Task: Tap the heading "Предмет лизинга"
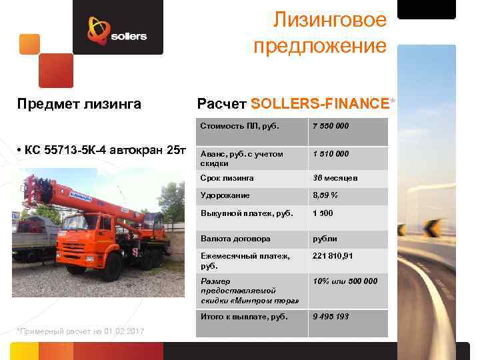[79, 103]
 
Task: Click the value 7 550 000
[331, 126]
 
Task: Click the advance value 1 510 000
[331, 154]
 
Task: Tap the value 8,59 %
[325, 195]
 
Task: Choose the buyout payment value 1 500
[323, 213]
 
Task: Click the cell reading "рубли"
[325, 238]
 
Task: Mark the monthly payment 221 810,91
[333, 256]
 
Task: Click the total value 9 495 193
[331, 316]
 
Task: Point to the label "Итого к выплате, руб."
[244, 316]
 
